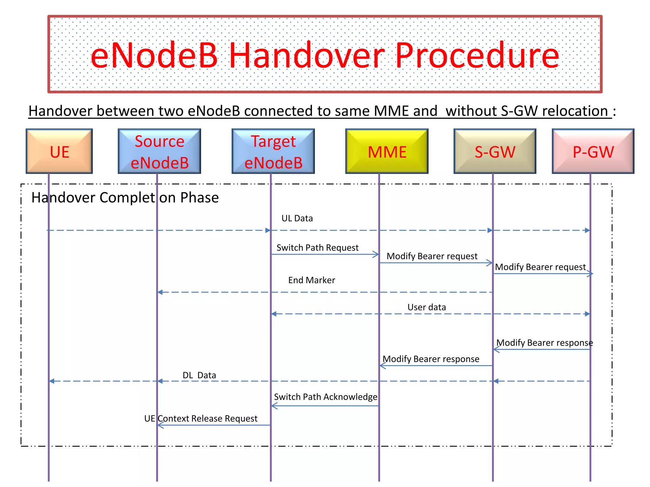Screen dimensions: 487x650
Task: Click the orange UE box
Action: coord(59,151)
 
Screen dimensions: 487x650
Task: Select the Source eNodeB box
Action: coord(159,151)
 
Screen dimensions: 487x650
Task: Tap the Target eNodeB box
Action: coord(273,151)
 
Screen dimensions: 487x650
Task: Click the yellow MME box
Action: coord(387,151)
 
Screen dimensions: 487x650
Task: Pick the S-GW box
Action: coord(495,151)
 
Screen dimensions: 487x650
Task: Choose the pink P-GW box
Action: coord(593,151)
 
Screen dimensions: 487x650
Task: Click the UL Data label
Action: coord(297,218)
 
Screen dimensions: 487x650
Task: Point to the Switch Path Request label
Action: coord(317,248)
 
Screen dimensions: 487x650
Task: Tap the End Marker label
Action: coord(312,280)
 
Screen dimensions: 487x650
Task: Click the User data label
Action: coord(427,307)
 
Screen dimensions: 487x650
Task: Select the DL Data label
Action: coord(199,375)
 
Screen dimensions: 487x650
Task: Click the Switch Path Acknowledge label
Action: coord(326,397)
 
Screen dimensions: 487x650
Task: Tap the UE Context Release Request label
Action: coord(201,419)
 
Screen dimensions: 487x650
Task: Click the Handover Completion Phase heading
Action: coord(125,198)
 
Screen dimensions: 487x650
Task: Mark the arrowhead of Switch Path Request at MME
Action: coord(376,254)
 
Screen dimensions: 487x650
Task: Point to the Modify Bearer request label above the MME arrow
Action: coord(432,256)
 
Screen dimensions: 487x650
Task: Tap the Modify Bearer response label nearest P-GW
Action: coord(544,343)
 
